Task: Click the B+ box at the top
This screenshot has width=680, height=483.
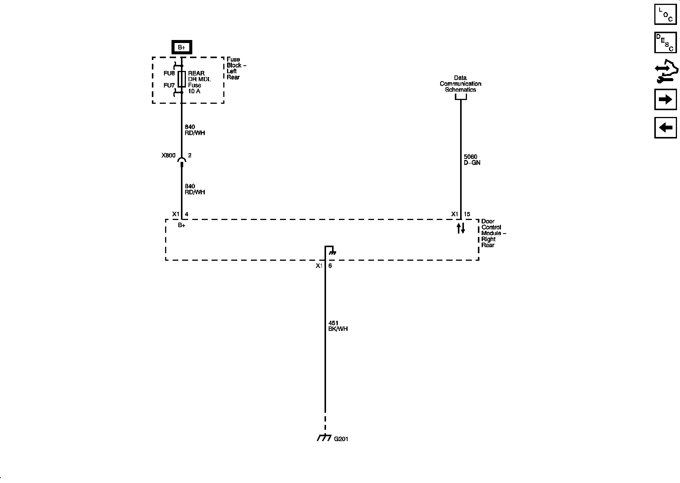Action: point(182,47)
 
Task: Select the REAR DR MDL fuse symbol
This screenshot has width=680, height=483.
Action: point(182,79)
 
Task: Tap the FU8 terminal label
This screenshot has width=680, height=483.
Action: point(169,73)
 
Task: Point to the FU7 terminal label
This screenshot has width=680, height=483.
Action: point(169,85)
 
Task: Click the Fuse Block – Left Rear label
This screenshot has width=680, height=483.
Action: point(236,68)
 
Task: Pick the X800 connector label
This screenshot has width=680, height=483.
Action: point(168,155)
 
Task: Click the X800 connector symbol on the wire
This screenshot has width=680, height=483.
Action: point(182,162)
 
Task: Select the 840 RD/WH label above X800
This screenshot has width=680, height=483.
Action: point(195,130)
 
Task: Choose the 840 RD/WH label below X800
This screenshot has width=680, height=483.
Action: point(195,189)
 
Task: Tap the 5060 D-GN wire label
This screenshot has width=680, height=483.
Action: point(472,160)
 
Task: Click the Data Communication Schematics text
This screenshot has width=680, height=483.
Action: point(460,84)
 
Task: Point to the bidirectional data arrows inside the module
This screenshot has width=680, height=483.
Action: point(461,228)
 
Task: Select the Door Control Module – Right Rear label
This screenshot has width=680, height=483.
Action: point(493,233)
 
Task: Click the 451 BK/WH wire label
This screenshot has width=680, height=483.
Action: point(338,326)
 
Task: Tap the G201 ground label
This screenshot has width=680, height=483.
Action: point(341,439)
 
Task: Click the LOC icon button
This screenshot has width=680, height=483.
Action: point(665,14)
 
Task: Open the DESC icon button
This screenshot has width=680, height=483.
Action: point(665,43)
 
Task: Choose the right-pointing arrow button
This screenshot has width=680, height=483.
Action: point(665,99)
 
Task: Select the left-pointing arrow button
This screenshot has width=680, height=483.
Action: point(665,128)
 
